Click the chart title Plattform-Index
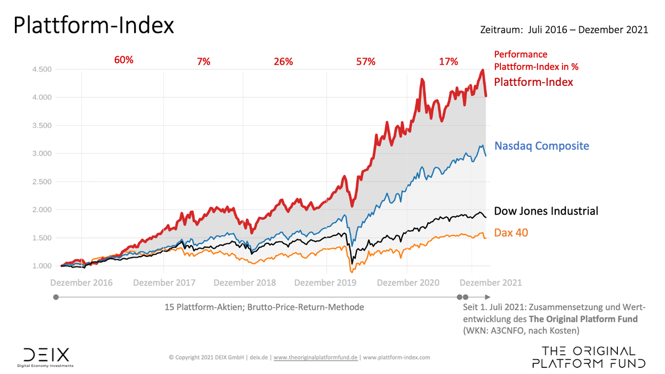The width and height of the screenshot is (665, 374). pos(94,26)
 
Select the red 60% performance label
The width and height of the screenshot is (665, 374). pos(124,60)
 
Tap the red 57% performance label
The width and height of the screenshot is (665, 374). pos(366,62)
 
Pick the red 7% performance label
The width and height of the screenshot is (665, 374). pos(203,62)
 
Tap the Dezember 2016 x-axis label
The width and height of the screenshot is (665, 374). pos(81,283)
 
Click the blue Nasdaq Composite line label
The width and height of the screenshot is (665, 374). pos(541,146)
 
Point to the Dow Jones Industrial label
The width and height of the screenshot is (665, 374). pos(546,211)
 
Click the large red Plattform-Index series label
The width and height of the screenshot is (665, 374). pos(533,82)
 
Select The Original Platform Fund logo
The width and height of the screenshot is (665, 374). pos(588,357)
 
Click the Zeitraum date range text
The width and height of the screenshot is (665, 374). pos(564,30)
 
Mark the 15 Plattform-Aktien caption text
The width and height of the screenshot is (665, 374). pos(264,307)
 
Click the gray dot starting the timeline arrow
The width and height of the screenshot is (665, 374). pos(55,297)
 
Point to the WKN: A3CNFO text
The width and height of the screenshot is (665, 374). pos(490,331)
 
